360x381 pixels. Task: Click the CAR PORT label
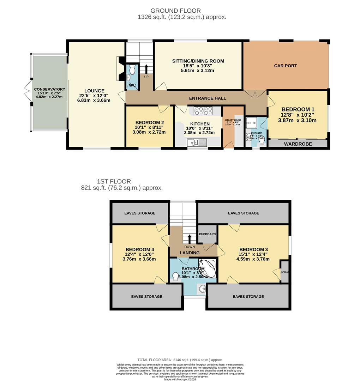coord(286,66)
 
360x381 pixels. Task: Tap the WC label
coord(132,85)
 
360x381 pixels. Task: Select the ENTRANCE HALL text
coord(208,98)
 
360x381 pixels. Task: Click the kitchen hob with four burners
coord(203,111)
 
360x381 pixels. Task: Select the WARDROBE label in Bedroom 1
coord(298,144)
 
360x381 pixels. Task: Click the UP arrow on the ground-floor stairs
coord(145,68)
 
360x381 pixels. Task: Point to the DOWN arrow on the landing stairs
coord(190,239)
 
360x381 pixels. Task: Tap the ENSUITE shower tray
coord(251,122)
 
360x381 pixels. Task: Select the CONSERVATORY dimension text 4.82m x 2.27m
coord(49,97)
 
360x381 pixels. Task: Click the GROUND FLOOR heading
coord(175,11)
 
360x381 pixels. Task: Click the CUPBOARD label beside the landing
coord(207,234)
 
